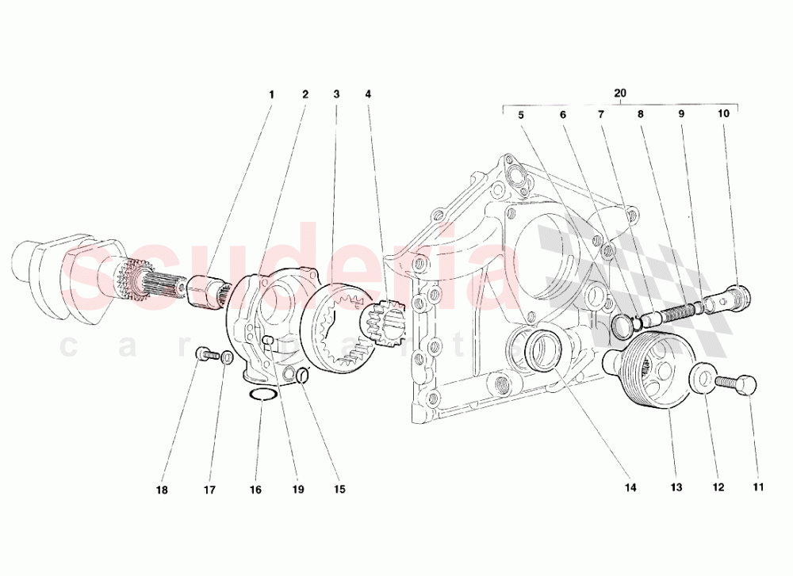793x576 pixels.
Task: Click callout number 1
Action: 271,94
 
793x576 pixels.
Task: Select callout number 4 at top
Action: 368,94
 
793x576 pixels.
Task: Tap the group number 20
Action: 620,93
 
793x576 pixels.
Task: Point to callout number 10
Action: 723,114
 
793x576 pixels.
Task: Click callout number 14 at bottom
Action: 630,488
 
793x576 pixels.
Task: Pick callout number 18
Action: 162,490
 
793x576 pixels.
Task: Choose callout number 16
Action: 255,490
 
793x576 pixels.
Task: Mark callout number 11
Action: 758,487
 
